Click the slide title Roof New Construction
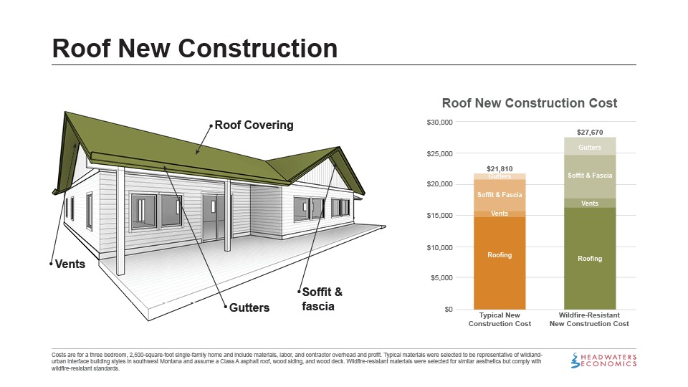pos(195,48)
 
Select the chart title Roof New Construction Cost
pos(530,103)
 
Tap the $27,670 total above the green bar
pos(590,132)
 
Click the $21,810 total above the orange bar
pos(500,168)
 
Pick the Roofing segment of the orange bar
pos(500,256)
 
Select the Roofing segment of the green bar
pos(590,258)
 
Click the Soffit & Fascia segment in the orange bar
pos(500,195)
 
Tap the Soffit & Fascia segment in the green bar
pos(590,176)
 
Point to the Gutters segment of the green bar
pos(590,148)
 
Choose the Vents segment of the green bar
pos(590,204)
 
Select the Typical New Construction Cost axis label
pos(500,320)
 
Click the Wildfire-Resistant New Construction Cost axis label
pos(589,320)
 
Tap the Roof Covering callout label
pos(254,125)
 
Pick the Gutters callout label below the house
pos(249,308)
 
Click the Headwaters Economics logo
pos(605,360)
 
